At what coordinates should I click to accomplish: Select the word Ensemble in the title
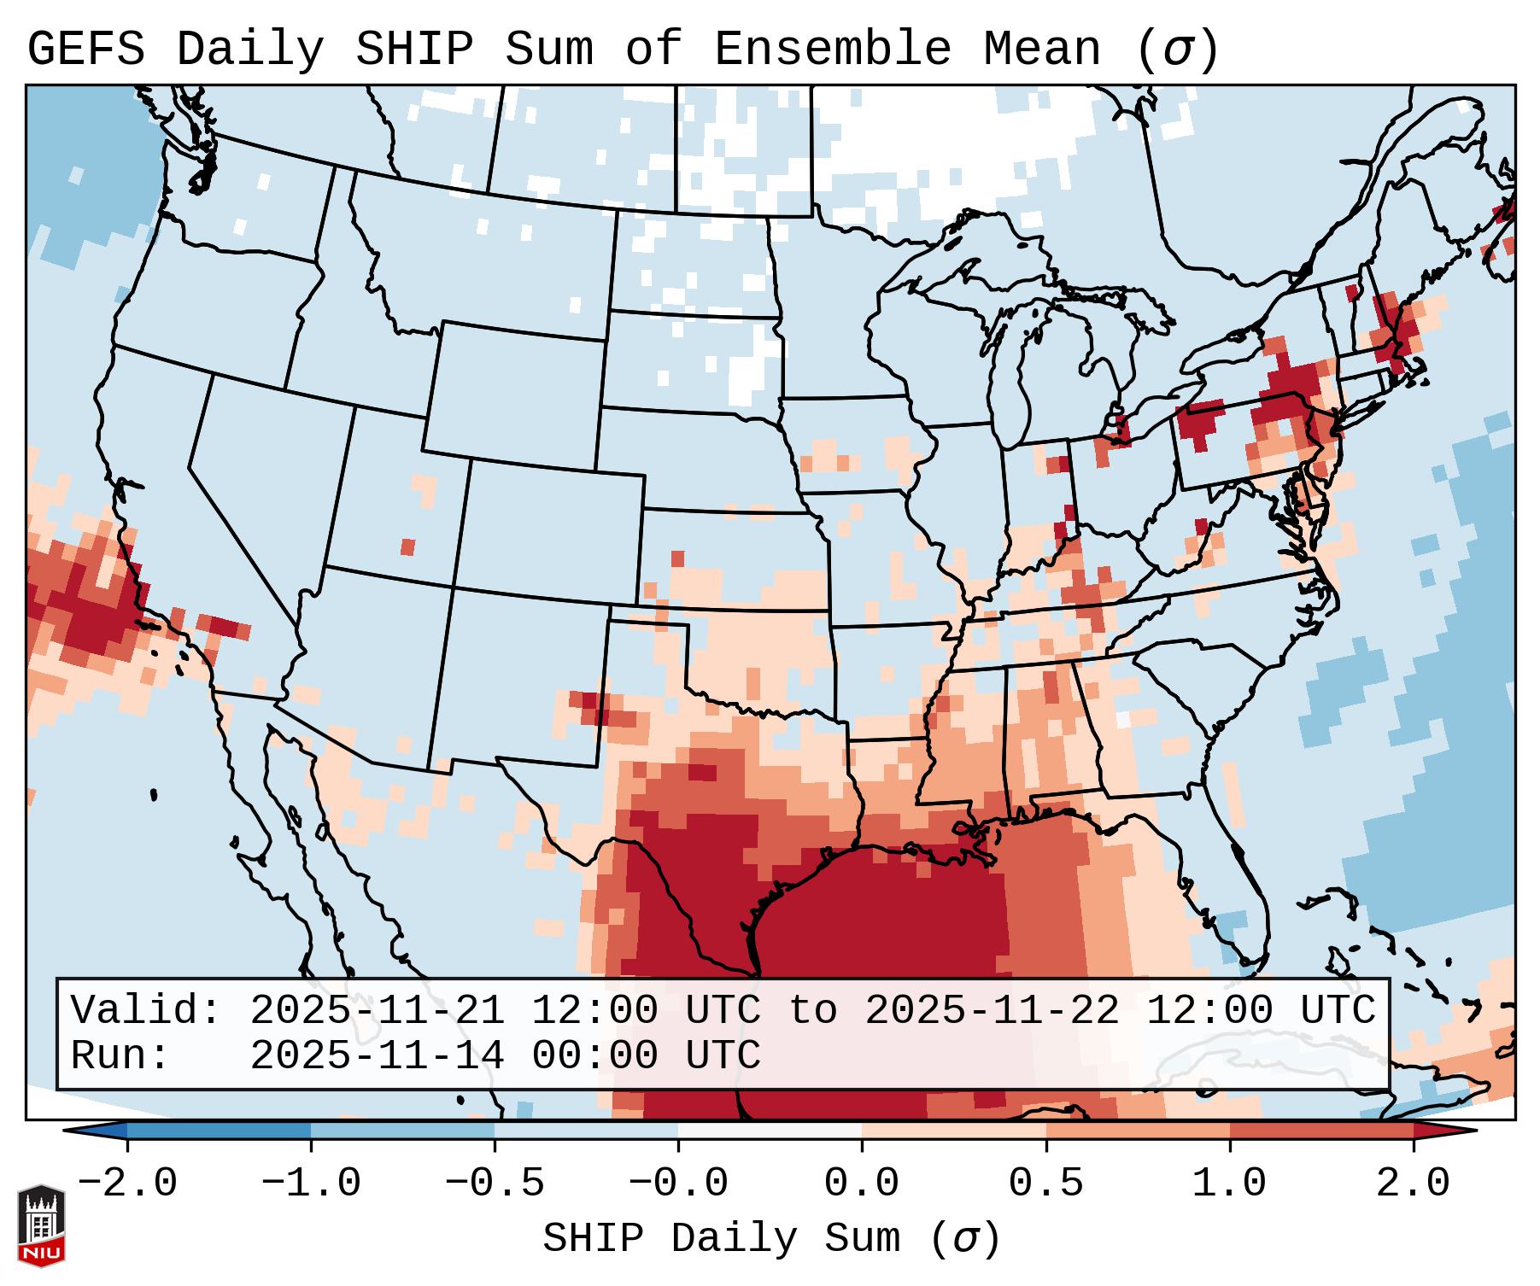click(832, 50)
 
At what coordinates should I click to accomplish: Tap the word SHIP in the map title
click(413, 50)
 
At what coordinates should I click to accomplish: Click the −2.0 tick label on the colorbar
click(127, 1184)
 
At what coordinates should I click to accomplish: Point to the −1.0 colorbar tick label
click(311, 1184)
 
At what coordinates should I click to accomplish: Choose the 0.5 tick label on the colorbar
click(1045, 1184)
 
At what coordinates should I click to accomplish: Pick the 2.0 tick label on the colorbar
click(1413, 1184)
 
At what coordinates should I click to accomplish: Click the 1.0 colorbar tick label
click(1229, 1184)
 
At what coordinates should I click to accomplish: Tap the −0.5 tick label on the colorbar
click(495, 1184)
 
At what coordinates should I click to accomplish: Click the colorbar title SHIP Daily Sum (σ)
click(770, 1238)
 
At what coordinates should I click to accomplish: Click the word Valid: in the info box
click(146, 1011)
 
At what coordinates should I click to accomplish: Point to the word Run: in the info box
click(120, 1056)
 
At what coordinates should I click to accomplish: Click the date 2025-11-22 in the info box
click(992, 1011)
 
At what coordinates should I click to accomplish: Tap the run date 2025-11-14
click(377, 1056)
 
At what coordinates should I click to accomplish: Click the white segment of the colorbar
click(770, 1131)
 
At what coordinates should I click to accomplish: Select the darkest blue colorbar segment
click(219, 1131)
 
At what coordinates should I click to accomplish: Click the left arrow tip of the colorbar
click(68, 1131)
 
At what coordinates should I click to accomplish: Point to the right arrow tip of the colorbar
click(1473, 1131)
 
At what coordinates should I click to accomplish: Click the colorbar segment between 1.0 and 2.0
click(1321, 1131)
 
